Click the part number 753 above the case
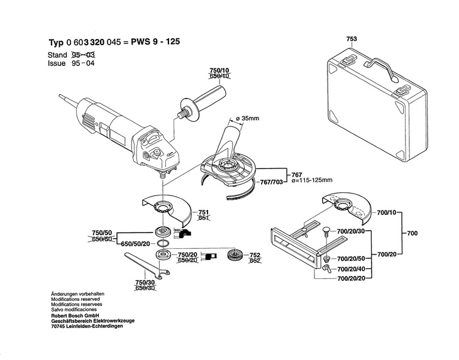[351, 39]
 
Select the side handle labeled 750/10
[202, 102]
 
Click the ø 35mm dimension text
[247, 119]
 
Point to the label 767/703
[272, 182]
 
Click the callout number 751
[204, 212]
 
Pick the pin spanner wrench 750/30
[147, 266]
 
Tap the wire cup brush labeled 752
[236, 255]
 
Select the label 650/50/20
[136, 244]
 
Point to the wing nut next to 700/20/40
[326, 268]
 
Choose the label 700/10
[387, 212]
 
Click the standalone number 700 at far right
[412, 233]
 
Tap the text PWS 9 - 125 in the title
[155, 41]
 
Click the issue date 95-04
[83, 63]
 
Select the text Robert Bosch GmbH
[75, 315]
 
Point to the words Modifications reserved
[75, 299]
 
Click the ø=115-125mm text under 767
[312, 180]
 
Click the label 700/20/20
[351, 278]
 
